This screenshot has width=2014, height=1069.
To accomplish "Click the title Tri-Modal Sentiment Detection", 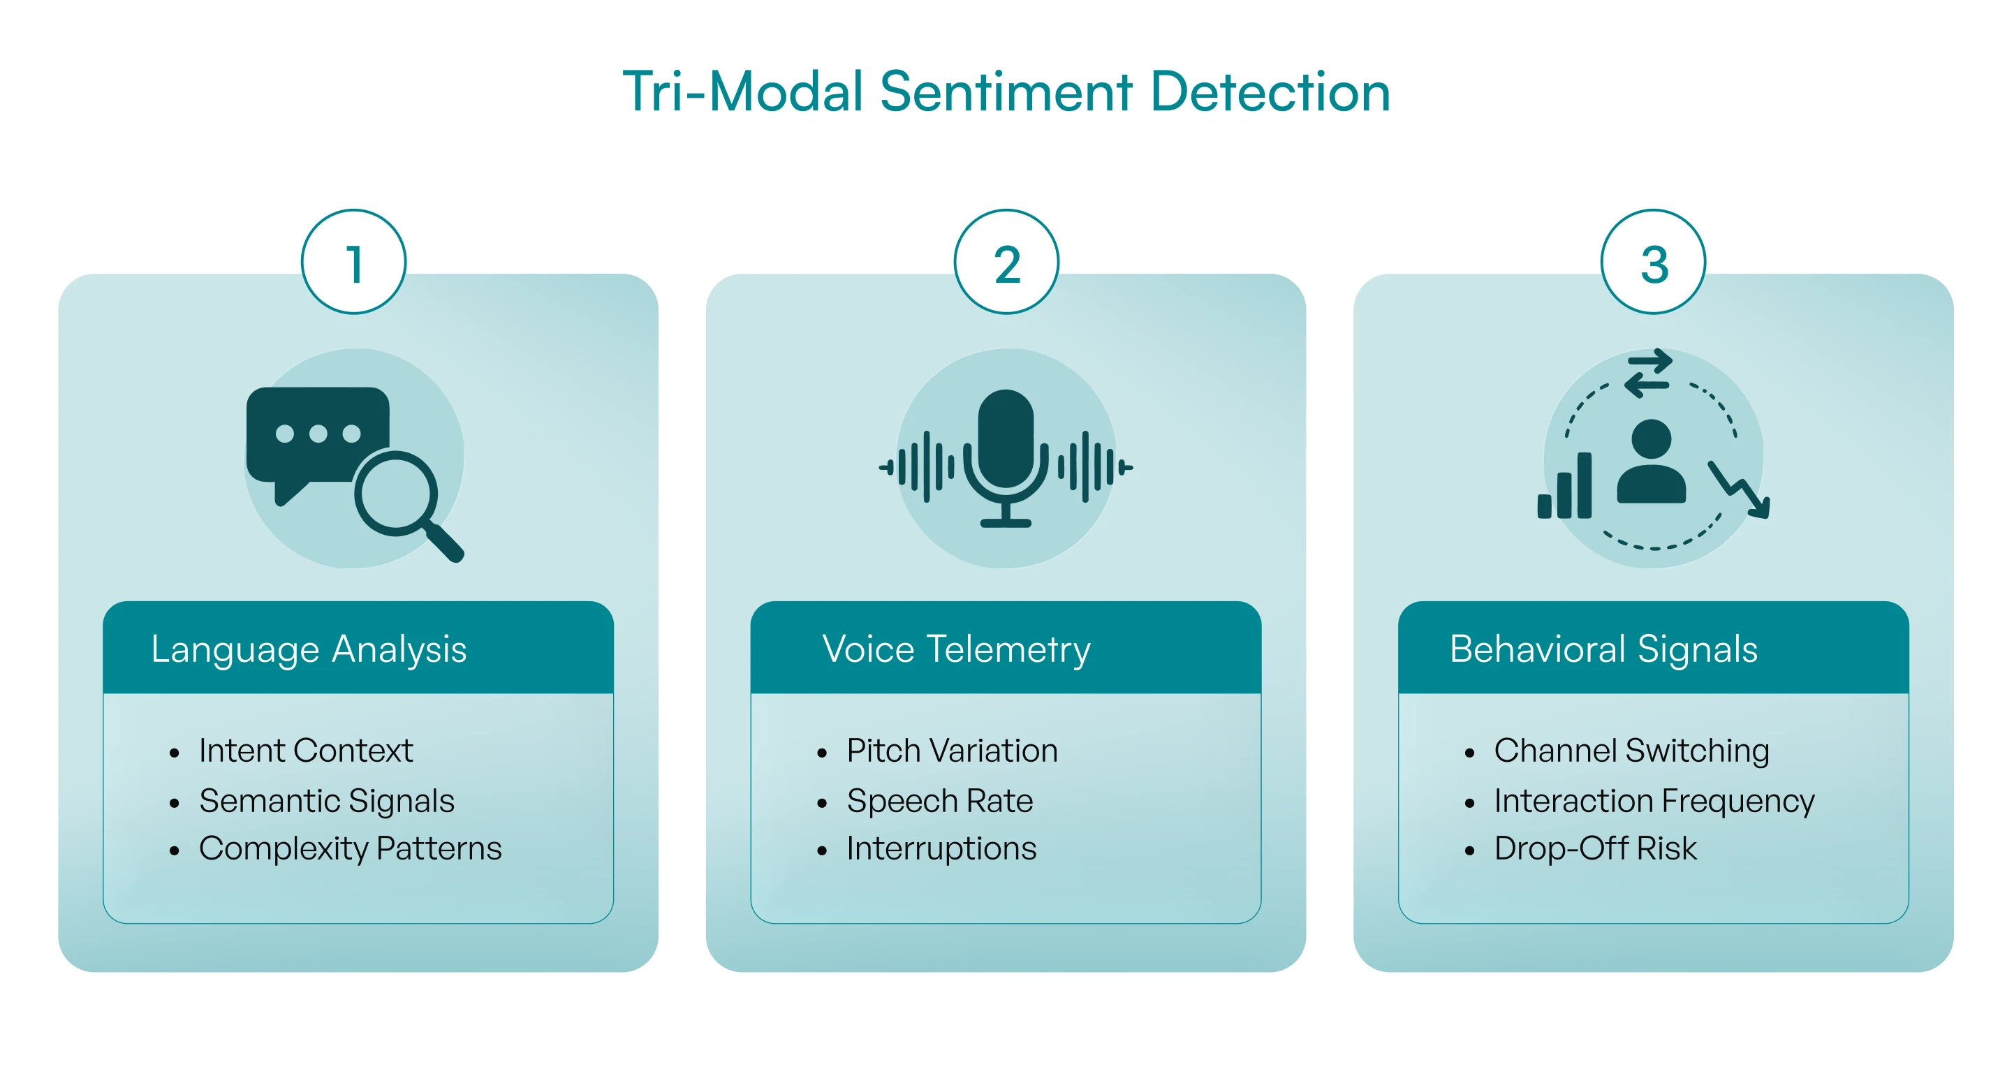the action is [1006, 91].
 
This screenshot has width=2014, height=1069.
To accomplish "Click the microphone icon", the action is [1006, 458].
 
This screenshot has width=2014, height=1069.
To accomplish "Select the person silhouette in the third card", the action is [1652, 462].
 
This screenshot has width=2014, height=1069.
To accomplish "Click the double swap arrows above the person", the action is [1648, 373].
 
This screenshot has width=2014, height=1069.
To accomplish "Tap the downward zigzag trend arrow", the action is [1740, 489].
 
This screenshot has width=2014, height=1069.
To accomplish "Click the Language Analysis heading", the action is [309, 650].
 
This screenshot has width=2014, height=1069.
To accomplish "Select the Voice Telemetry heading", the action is [956, 650].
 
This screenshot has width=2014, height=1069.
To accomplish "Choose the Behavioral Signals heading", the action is [1603, 650].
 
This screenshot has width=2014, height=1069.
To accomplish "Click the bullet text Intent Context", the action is [306, 751].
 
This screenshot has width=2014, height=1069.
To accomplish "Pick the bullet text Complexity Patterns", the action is [351, 849].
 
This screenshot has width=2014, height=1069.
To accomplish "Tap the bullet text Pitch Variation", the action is [953, 751].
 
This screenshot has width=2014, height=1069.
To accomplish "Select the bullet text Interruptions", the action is [941, 849].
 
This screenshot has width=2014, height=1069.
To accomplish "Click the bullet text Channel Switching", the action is [1632, 751].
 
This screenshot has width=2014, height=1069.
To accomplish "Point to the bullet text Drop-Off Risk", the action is [1596, 848].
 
